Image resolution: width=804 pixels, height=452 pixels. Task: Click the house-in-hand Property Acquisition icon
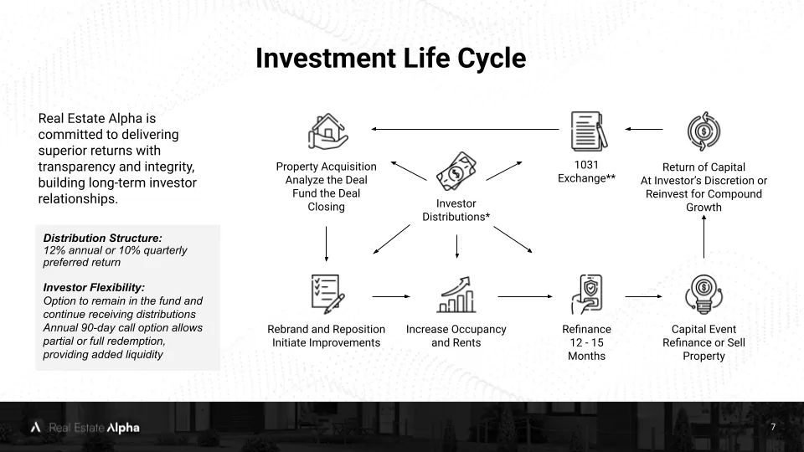[328, 131]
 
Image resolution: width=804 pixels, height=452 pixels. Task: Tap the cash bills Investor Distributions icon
[456, 172]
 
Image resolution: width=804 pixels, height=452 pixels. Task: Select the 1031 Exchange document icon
[589, 131]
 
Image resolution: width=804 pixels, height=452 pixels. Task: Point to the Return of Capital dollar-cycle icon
[703, 131]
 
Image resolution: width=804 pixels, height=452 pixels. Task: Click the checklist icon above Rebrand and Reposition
[327, 294]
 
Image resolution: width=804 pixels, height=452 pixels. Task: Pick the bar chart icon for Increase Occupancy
[456, 295]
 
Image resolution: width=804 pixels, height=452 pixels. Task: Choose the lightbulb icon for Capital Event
[703, 294]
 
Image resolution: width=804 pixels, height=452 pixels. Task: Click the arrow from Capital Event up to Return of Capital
[703, 236]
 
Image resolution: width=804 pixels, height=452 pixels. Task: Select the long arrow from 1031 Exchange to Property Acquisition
[465, 129]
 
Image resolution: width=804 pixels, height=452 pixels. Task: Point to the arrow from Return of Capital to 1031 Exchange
[643, 129]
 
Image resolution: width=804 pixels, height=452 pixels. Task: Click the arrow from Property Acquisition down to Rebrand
[326, 244]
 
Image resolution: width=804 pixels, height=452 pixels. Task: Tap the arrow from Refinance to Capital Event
[643, 296]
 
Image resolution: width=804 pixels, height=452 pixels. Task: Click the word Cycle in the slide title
[492, 58]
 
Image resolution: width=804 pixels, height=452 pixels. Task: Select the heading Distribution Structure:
[102, 238]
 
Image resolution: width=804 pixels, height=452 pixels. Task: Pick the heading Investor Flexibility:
[94, 287]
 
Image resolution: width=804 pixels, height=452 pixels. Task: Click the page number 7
[773, 427]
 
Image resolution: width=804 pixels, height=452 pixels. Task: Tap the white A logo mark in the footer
[35, 427]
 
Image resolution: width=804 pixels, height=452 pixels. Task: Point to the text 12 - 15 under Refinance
[586, 342]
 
